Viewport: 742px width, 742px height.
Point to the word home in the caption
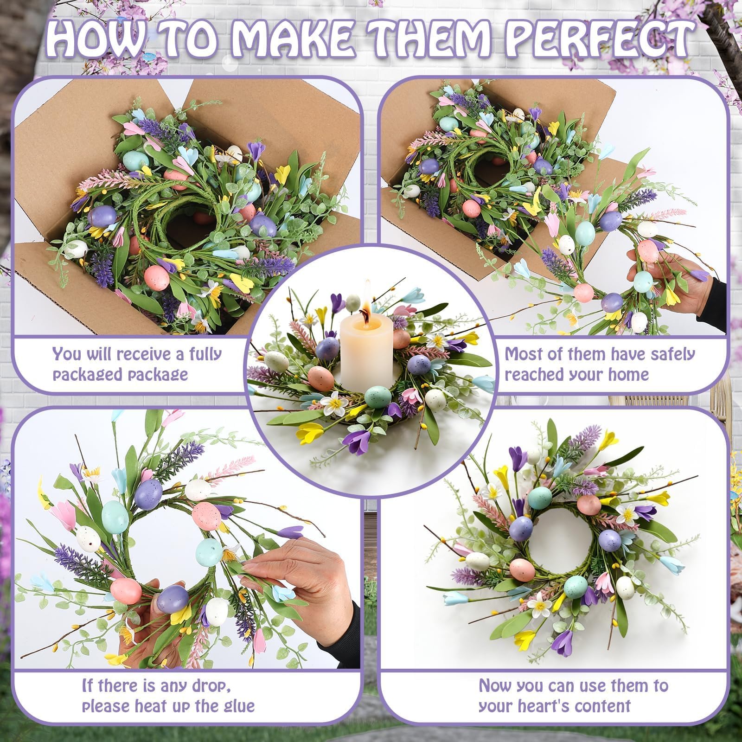pos(628,374)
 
